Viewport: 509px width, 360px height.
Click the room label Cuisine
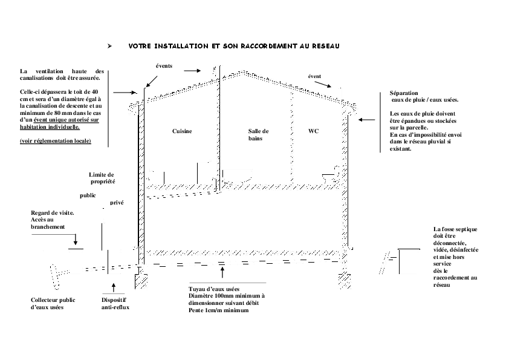[x=182, y=131]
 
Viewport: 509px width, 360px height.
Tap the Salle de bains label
[x=258, y=135]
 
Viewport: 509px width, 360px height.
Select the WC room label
[x=313, y=131]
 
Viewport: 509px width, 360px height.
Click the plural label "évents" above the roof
[x=164, y=66]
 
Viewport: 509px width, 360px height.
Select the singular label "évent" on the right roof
[x=314, y=76]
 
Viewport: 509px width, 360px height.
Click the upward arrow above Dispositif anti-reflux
[x=113, y=287]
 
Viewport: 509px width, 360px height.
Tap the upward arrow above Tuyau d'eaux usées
[x=222, y=272]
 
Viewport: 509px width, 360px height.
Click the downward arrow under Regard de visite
[x=76, y=240]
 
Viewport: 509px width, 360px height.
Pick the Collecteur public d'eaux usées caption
[x=53, y=304]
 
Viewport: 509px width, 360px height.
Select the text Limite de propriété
[x=102, y=178]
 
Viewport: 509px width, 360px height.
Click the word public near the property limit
[x=88, y=195]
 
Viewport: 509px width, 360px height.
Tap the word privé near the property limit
[x=117, y=203]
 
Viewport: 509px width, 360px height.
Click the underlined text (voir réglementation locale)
[x=56, y=141]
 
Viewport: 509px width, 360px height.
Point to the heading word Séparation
[x=404, y=93]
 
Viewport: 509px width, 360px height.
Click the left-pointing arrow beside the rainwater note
[x=367, y=120]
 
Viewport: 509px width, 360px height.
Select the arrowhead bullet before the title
[x=109, y=46]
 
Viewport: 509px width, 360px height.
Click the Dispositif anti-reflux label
[x=115, y=304]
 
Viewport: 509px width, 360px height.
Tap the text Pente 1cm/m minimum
[x=218, y=310]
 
